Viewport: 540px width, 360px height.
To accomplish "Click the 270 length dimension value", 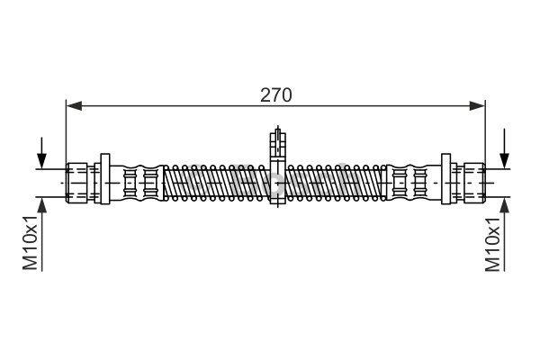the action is tap(276, 95).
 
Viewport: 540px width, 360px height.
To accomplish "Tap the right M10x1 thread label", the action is tap(492, 244).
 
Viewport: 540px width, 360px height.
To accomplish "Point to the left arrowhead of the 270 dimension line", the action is tap(74, 106).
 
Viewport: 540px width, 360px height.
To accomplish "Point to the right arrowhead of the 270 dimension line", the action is tap(477, 106).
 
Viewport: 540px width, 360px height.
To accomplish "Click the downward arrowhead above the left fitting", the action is tap(41, 160).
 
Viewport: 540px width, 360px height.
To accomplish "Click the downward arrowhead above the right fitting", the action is tap(505, 160).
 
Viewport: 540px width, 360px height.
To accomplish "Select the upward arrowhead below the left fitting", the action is tap(41, 206).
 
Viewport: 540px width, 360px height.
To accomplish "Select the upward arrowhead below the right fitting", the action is tap(505, 206).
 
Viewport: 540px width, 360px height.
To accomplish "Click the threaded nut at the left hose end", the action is tap(76, 183).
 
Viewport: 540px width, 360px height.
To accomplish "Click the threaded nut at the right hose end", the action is tap(474, 183).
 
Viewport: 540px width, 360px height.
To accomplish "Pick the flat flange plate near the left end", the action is tap(105, 179).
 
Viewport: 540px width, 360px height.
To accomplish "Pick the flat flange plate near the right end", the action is tap(446, 179).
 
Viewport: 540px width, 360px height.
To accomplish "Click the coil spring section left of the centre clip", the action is tap(217, 183).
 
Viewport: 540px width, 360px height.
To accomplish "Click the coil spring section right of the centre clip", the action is tap(336, 183).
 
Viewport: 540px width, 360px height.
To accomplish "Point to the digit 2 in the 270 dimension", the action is tap(265, 95).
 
